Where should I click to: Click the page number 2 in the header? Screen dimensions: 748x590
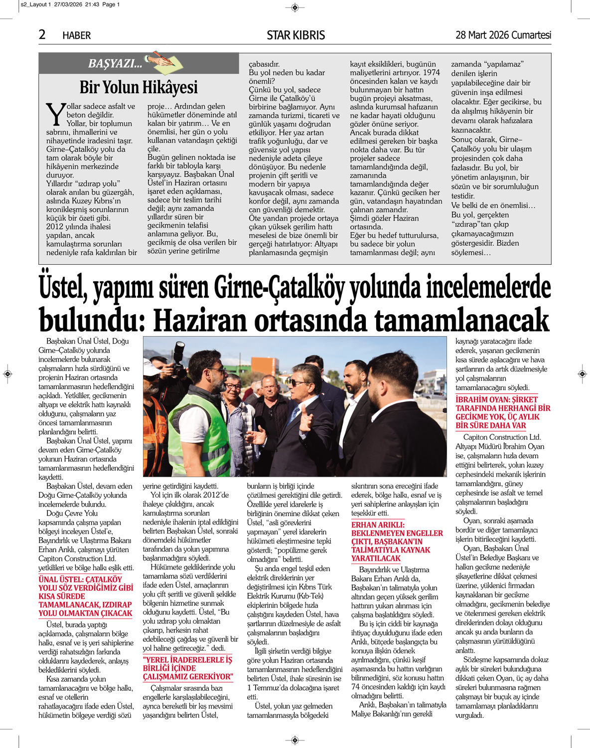click(42, 34)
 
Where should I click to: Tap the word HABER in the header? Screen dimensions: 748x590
click(76, 35)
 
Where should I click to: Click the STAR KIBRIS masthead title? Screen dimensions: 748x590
click(295, 35)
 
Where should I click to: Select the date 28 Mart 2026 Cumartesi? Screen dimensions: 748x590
click(503, 35)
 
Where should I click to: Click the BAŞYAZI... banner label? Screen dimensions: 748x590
click(115, 63)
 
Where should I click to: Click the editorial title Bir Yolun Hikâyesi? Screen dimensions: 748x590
click(139, 87)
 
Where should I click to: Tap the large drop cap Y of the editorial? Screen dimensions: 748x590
click(55, 114)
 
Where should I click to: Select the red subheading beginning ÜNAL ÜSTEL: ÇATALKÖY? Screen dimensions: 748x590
click(86, 596)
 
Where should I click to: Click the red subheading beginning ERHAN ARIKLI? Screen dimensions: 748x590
click(397, 542)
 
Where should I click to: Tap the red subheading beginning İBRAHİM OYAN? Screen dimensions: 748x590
click(503, 412)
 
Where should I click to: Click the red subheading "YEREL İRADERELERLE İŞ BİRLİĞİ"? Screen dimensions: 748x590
click(188, 668)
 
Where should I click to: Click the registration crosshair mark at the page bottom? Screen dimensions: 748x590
click(295, 739)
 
